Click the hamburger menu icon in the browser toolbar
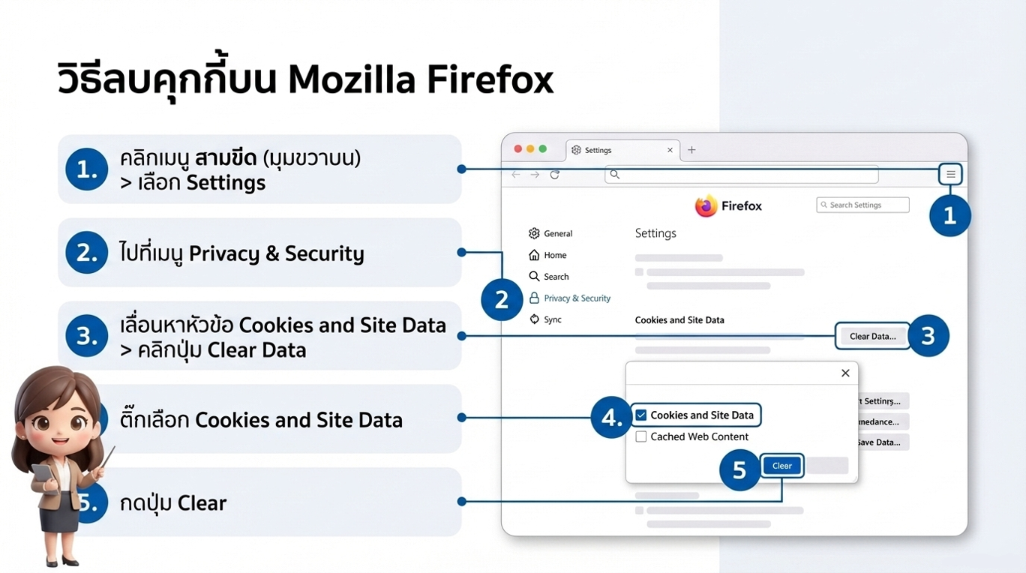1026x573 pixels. tap(950, 175)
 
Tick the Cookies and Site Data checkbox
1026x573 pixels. tap(641, 415)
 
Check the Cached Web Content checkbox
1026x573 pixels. tap(641, 436)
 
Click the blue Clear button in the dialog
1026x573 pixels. tap(781, 466)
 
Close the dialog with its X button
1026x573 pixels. tap(845, 373)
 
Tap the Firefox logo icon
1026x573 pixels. tap(706, 206)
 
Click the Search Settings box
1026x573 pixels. tap(862, 205)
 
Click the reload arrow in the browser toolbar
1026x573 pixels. tap(555, 175)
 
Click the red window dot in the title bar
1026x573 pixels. tap(517, 149)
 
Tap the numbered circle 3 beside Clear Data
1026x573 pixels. tap(928, 336)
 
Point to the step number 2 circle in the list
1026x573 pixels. tap(87, 253)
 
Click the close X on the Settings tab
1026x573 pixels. tap(670, 150)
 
